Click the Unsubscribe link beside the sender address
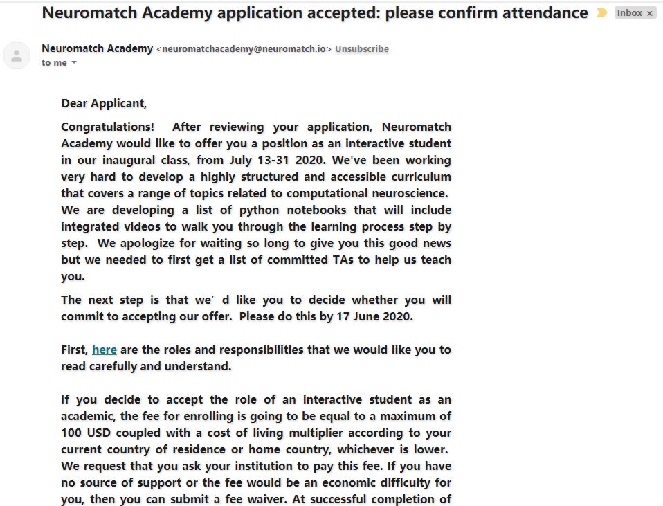(362, 49)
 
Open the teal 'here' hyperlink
(105, 350)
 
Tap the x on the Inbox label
(650, 13)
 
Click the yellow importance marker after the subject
(601, 13)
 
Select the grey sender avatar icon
(17, 55)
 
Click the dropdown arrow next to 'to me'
(74, 63)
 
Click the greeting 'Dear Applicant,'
(104, 104)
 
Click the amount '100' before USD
(72, 433)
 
